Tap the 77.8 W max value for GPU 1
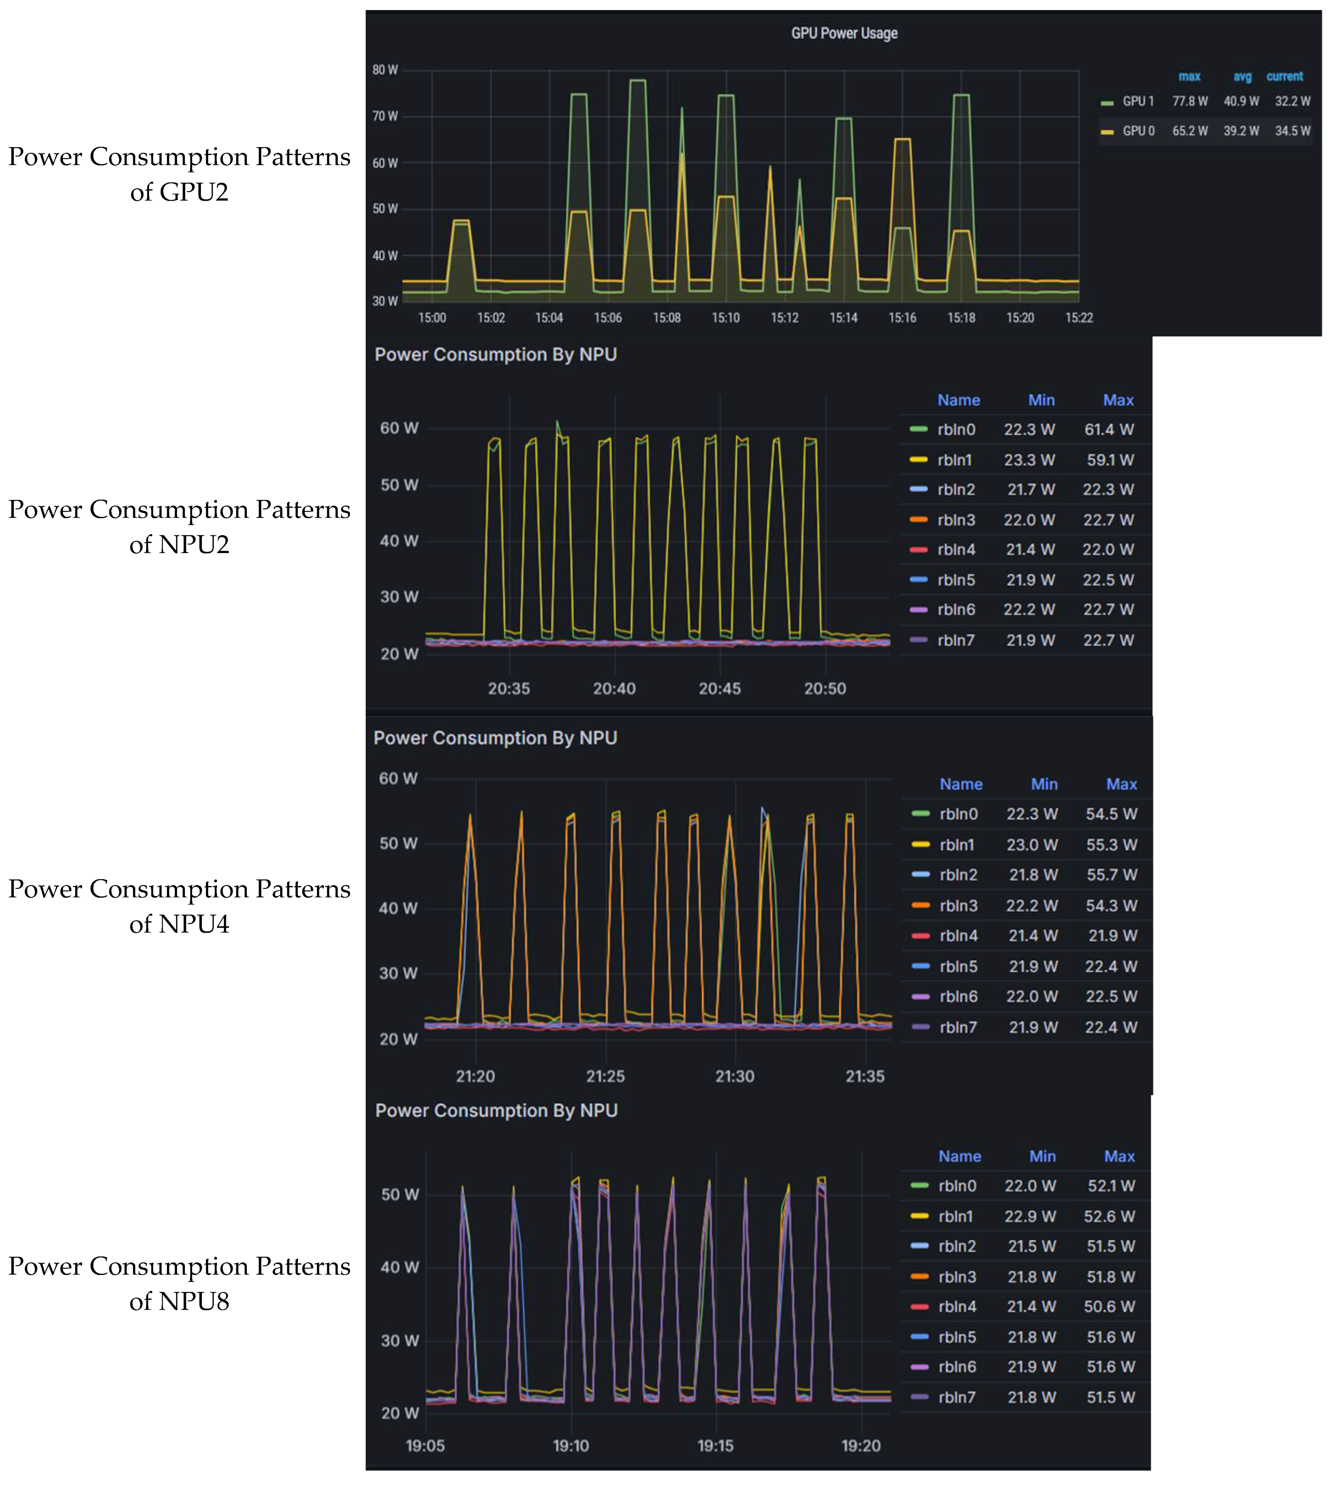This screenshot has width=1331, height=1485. [1190, 102]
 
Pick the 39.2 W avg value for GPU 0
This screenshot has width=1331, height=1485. [1241, 131]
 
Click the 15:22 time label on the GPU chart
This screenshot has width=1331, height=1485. [1079, 317]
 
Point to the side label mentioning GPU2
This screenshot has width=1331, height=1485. [179, 174]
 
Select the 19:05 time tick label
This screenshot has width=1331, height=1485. [425, 1445]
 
